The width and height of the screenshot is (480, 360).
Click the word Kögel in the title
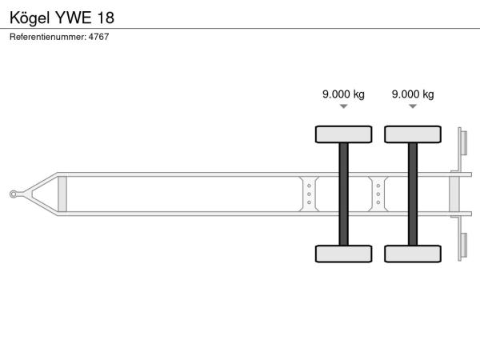point(30,18)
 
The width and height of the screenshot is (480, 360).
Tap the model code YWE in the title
point(74,18)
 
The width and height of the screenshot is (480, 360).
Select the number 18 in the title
point(106,18)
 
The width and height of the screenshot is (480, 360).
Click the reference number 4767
point(98,37)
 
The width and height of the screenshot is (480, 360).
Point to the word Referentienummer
point(48,37)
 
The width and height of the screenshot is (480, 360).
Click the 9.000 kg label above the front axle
point(343,94)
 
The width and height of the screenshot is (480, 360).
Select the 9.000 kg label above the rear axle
point(413,94)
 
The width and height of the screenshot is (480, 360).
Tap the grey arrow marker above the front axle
point(344,106)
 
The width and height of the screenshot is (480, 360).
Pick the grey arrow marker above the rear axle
point(413,106)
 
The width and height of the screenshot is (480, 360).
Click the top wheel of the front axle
point(344,134)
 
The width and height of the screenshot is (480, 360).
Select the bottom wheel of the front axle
point(344,254)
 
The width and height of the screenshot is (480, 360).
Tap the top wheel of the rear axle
point(413,134)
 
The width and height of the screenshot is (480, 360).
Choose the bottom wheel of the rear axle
point(413,254)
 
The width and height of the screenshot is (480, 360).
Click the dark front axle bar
point(344,194)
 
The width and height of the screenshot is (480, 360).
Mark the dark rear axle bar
point(413,194)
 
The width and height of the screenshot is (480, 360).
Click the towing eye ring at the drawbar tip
point(13,194)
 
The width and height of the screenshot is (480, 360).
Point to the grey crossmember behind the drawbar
point(62,194)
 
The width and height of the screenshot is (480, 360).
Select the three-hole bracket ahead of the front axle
point(309,194)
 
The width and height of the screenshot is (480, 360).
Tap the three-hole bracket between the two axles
point(378,194)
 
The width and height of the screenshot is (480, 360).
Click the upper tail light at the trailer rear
point(463,143)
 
